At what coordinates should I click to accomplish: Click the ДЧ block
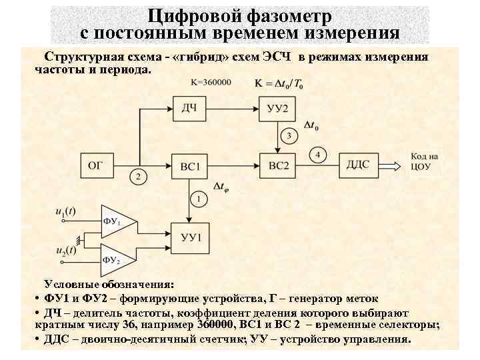pos(191,107)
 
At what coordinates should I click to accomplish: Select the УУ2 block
pos(275,107)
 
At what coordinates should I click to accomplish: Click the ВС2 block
pos(275,164)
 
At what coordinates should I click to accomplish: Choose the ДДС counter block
pos(361,164)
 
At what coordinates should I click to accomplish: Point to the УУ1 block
pos(191,235)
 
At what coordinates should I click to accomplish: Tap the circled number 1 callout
pos(199,199)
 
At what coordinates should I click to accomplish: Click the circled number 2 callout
pos(137,177)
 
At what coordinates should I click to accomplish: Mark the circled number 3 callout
pos(288,137)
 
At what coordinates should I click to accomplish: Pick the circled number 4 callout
pos(318,155)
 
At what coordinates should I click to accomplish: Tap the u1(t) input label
pos(65,211)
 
